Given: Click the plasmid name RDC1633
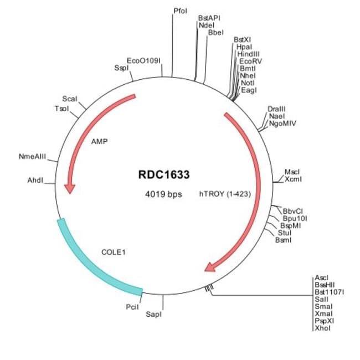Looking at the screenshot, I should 163,175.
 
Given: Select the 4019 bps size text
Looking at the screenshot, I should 163,194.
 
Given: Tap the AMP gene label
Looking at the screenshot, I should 100,141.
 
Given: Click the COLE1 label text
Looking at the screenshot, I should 114,252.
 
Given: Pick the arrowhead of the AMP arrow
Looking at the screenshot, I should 69,188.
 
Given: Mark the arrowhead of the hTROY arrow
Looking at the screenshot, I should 211,268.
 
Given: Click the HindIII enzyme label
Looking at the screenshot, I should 248,54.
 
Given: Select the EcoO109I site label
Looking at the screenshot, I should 143,60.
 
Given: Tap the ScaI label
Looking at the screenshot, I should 70,98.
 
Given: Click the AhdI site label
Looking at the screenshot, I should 35,181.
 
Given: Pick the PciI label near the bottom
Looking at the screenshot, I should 132,306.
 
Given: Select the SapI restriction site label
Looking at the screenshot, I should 153,314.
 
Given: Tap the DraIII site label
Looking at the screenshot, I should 276,109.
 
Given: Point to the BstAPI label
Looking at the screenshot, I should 209,18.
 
